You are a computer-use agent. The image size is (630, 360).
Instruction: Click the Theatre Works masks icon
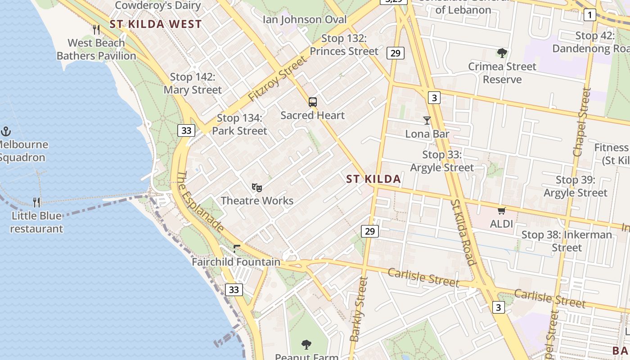pyautogui.click(x=256, y=187)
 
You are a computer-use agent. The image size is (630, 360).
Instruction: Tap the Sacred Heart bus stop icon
pyautogui.click(x=313, y=102)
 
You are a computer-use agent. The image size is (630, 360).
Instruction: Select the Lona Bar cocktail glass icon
pyautogui.click(x=427, y=121)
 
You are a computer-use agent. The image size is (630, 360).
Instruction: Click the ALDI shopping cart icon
pyautogui.click(x=501, y=211)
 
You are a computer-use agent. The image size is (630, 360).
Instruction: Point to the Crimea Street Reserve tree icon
pyautogui.click(x=502, y=53)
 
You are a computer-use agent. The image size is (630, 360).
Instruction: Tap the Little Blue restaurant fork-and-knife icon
pyautogui.click(x=36, y=202)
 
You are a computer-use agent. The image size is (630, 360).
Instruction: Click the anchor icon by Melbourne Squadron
pyautogui.click(x=6, y=131)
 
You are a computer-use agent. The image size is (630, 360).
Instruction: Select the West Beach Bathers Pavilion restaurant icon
pyautogui.click(x=96, y=30)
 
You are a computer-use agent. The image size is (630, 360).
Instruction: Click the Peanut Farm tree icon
pyautogui.click(x=306, y=345)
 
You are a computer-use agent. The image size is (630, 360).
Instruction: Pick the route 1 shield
pyautogui.click(x=589, y=15)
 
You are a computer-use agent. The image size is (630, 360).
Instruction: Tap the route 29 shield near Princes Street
pyautogui.click(x=395, y=53)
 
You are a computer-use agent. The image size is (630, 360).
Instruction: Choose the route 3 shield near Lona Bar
pyautogui.click(x=433, y=97)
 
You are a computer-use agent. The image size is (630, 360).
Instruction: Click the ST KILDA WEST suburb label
pyautogui.click(x=156, y=24)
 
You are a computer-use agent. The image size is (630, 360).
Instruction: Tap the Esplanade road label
pyautogui.click(x=200, y=202)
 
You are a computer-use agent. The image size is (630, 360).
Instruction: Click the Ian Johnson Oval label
pyautogui.click(x=305, y=19)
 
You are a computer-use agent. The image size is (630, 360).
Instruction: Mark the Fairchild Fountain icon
pyautogui.click(x=237, y=248)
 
